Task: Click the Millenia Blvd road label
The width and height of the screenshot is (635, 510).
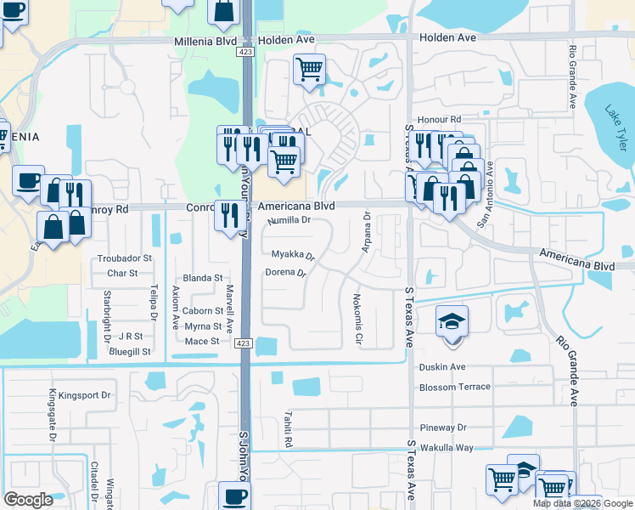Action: click(x=204, y=41)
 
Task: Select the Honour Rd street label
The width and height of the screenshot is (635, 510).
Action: click(x=438, y=120)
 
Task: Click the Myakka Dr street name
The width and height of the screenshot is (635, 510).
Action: click(x=293, y=254)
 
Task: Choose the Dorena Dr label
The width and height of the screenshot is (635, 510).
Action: click(x=285, y=273)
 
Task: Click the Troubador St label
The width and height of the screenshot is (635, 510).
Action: click(x=125, y=258)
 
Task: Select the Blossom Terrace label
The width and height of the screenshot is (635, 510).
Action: click(x=455, y=387)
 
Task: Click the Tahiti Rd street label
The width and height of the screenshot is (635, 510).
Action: click(x=288, y=431)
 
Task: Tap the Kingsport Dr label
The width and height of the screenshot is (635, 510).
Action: click(x=80, y=395)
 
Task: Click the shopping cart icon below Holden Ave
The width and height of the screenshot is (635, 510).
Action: click(x=310, y=69)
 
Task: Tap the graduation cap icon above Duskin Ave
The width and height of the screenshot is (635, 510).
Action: click(x=452, y=321)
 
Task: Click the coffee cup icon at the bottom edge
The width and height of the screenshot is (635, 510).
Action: click(x=234, y=496)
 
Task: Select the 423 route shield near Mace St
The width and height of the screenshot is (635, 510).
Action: click(x=243, y=342)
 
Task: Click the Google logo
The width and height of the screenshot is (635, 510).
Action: click(x=28, y=500)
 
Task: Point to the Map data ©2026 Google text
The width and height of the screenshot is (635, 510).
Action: click(x=582, y=502)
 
